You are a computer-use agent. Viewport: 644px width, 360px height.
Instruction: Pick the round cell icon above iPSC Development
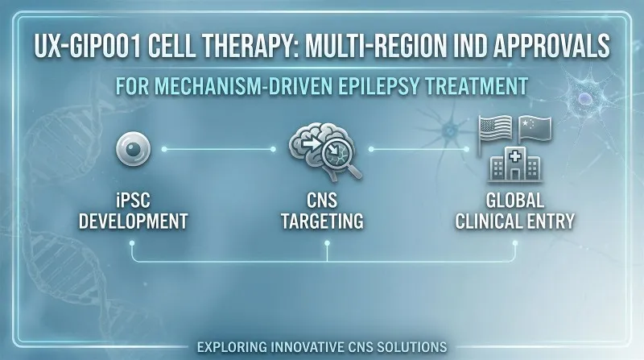[x=134, y=150]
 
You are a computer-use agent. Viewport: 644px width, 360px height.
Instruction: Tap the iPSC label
[x=134, y=200]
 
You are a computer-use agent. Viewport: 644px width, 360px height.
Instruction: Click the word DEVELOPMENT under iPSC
[x=134, y=220]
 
